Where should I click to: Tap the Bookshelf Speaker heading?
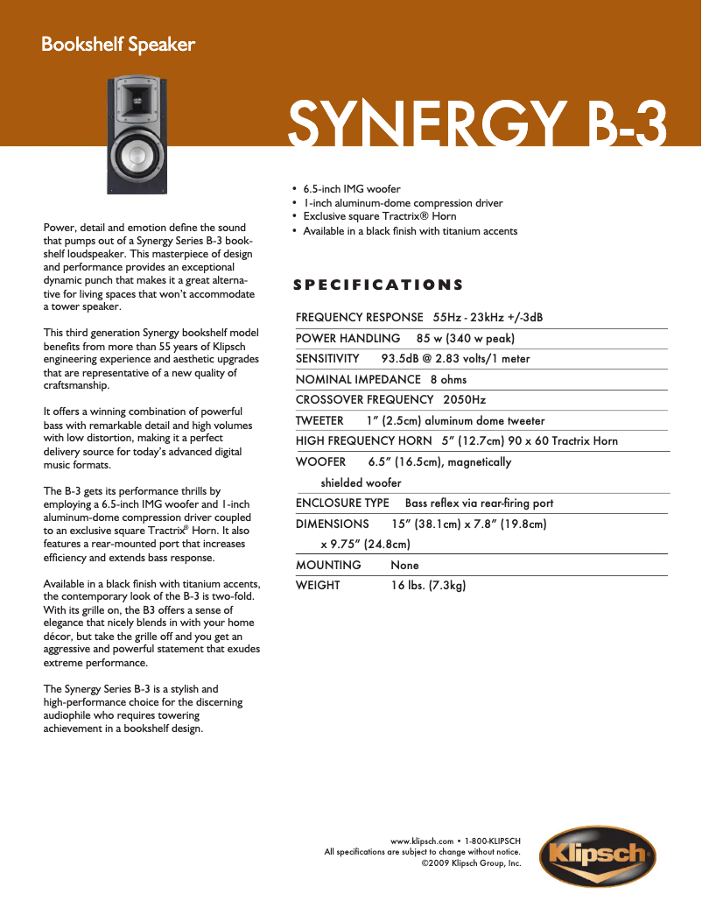pyautogui.click(x=118, y=45)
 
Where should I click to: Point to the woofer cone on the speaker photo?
pyautogui.click(x=138, y=157)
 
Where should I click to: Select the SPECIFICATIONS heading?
pyautogui.click(x=378, y=285)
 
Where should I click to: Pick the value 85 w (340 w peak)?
pyautogui.click(x=466, y=338)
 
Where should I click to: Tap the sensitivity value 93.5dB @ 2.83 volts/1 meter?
pyautogui.click(x=455, y=359)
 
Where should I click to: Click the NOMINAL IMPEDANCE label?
pyautogui.click(x=358, y=380)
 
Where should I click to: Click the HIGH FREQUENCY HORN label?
pyautogui.click(x=364, y=441)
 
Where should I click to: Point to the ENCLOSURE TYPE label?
pyautogui.click(x=342, y=503)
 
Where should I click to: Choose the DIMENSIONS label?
pyautogui.click(x=333, y=524)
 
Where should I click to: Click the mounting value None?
pyautogui.click(x=404, y=566)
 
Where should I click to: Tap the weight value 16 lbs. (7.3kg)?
pyautogui.click(x=428, y=586)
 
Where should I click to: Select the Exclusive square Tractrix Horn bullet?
pyautogui.click(x=379, y=216)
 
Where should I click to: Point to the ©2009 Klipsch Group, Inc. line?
pyautogui.click(x=471, y=863)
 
